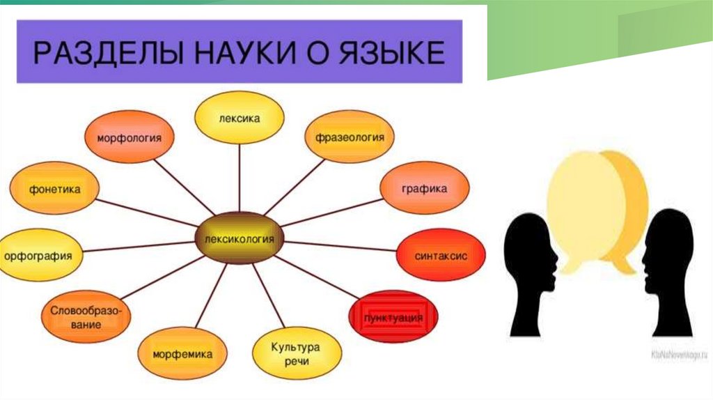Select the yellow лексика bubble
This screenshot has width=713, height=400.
(x=239, y=118)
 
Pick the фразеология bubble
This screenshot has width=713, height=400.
(x=345, y=137)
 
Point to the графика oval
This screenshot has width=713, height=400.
(x=424, y=189)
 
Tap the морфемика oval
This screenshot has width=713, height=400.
(x=183, y=353)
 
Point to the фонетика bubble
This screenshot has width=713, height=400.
(x=54, y=189)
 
